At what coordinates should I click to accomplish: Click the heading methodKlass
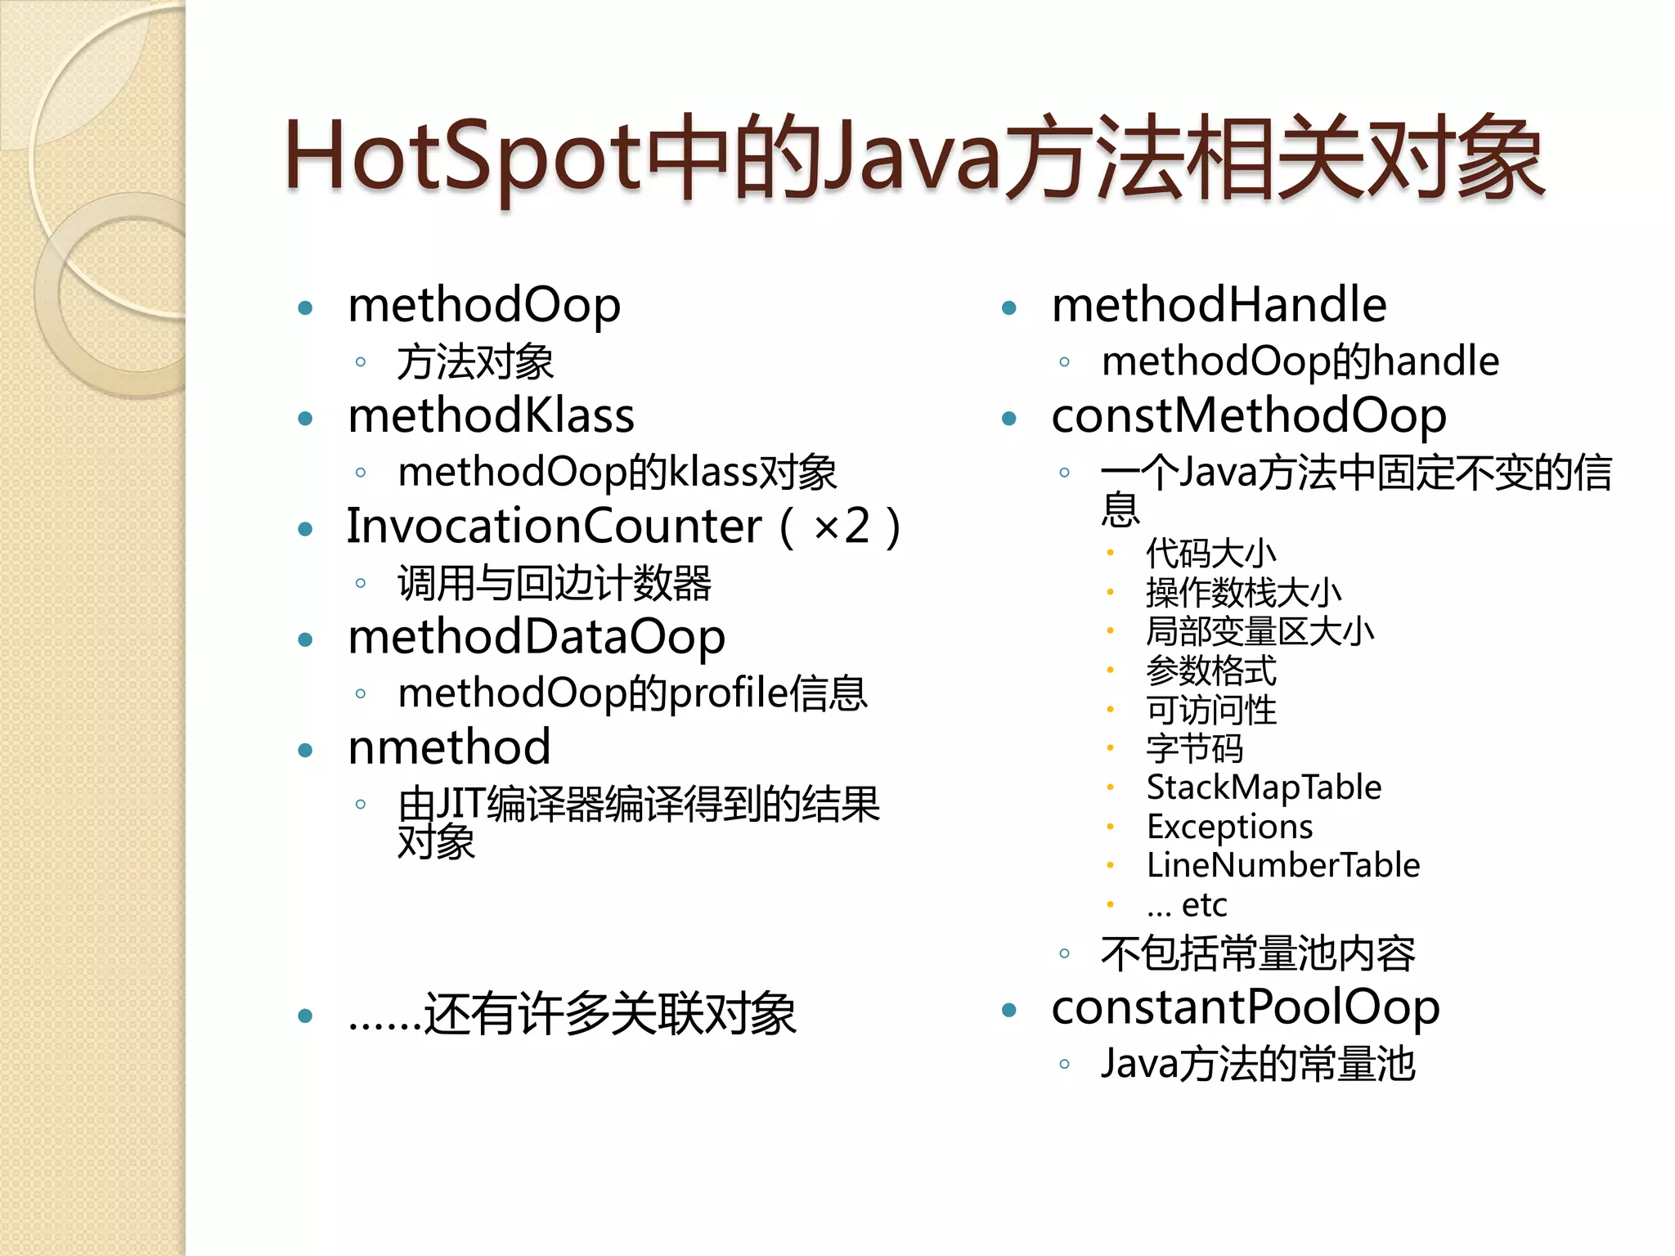[491, 415]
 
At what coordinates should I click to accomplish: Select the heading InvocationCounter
[554, 526]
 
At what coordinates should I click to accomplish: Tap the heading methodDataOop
[537, 637]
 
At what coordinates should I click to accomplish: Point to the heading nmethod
[449, 747]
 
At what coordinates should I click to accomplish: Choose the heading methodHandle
[1219, 305]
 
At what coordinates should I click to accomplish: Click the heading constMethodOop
[1249, 415]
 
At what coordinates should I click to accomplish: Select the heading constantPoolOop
[1246, 1007]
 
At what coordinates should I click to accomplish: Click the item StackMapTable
[1264, 787]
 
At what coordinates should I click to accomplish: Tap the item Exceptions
[1229, 827]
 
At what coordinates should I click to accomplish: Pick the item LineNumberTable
[1283, 865]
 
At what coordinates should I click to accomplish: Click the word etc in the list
[1204, 905]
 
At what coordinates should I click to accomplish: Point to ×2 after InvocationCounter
[842, 526]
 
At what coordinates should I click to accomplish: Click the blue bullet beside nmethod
[306, 751]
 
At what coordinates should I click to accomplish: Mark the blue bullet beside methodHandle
[1009, 308]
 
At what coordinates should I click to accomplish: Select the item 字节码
[1195, 748]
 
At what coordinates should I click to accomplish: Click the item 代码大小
[1210, 554]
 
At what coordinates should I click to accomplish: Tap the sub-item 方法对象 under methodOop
[475, 362]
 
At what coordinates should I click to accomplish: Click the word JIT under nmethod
[460, 804]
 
